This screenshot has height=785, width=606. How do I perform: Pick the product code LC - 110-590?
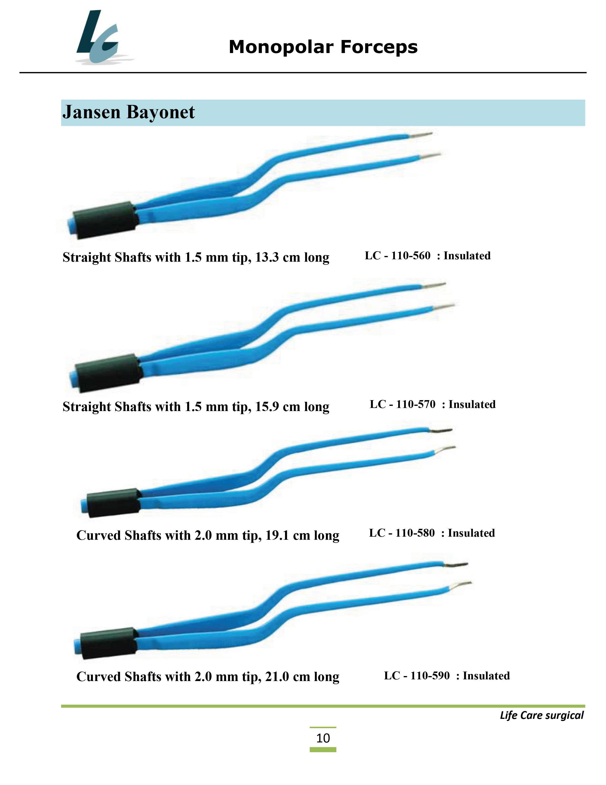click(x=417, y=676)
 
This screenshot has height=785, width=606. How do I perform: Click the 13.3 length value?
click(x=267, y=257)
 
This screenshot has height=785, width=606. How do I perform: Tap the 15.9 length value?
click(x=267, y=407)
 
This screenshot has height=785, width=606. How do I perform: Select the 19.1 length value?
click(x=277, y=535)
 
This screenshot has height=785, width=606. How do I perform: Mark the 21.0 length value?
click(x=277, y=677)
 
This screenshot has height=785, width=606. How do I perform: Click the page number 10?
click(x=323, y=738)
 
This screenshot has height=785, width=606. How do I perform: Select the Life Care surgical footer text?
click(x=542, y=715)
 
